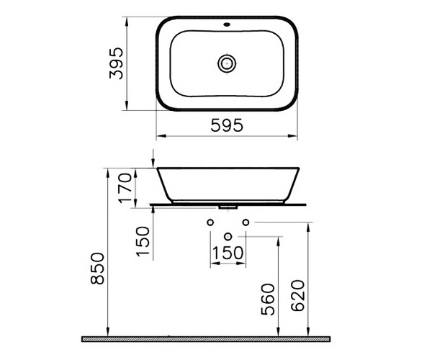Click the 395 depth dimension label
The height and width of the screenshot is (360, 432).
click(116, 63)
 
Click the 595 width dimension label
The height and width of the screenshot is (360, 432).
click(227, 125)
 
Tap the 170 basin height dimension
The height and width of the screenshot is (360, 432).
click(125, 188)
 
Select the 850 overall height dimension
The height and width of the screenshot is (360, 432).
click(97, 269)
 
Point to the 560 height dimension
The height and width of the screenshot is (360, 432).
click(268, 300)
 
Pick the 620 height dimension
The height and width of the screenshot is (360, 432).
click(298, 295)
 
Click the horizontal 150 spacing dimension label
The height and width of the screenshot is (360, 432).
click(228, 253)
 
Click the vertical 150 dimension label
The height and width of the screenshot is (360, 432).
click(143, 242)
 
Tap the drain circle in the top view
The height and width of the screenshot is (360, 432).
click(227, 63)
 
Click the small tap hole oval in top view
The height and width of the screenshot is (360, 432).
click(227, 24)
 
